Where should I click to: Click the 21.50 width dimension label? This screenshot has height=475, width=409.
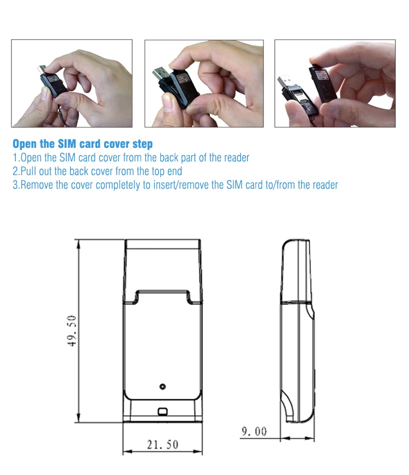pos(163,444)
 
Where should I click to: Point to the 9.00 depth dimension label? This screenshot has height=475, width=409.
pos(254,431)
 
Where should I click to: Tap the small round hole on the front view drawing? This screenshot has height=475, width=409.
pos(162,387)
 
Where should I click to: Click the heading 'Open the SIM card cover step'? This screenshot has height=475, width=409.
pos(82,145)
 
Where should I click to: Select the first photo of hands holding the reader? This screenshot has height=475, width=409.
pos(72,83)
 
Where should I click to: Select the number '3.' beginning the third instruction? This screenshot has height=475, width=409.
pos(16,185)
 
